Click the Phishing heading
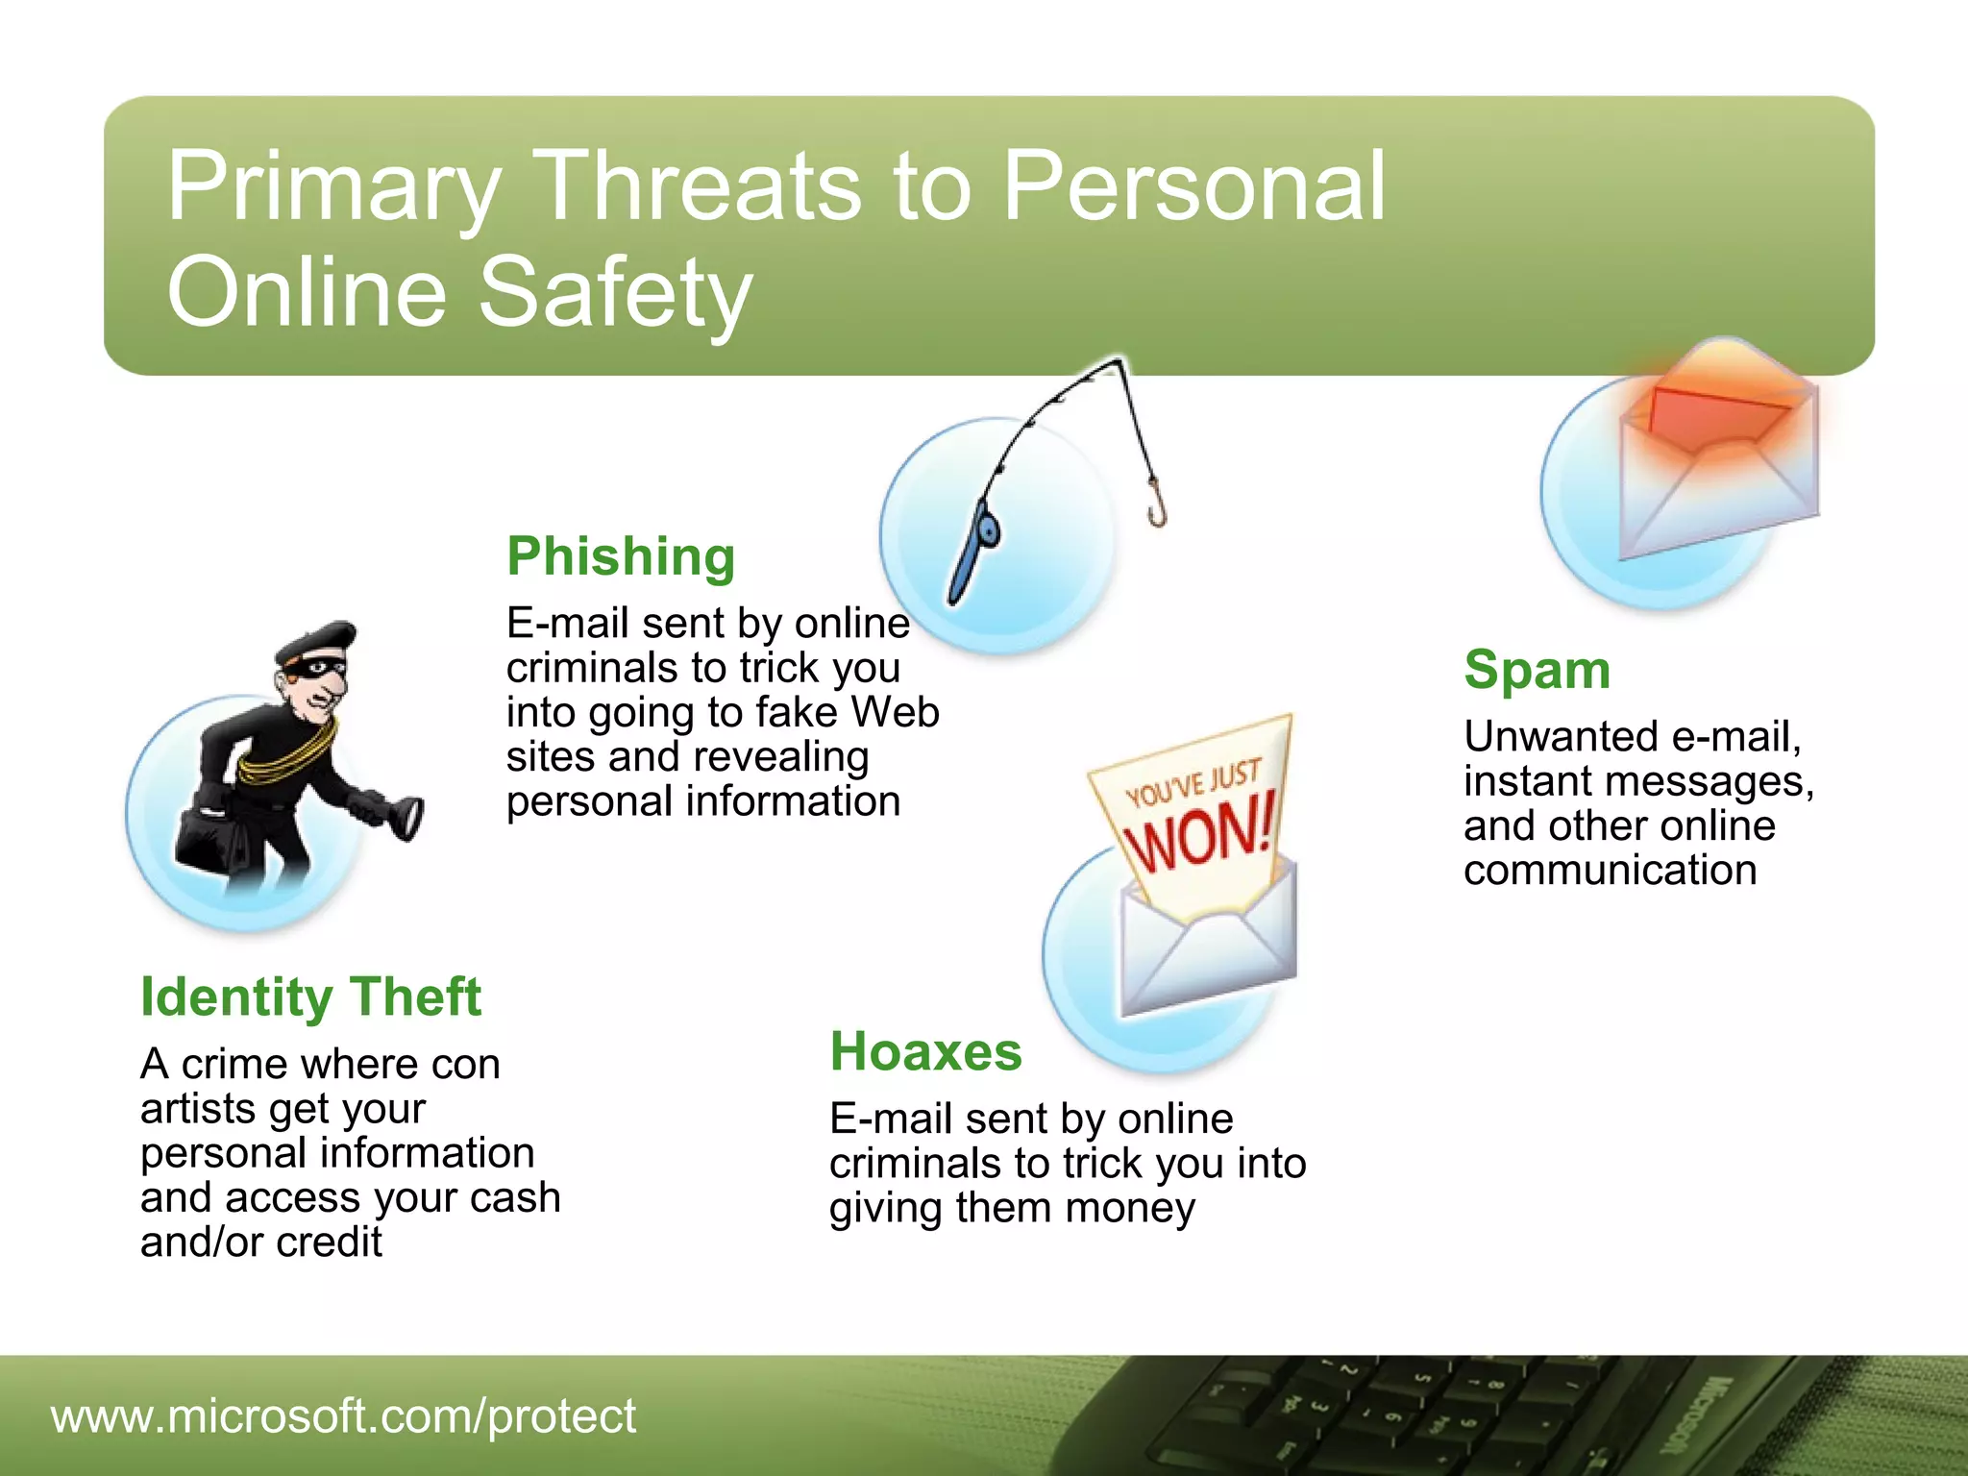(621, 557)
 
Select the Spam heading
(1537, 671)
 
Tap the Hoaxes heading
(925, 1052)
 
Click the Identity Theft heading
(310, 997)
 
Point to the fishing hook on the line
(1157, 509)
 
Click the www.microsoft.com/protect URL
(343, 1416)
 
